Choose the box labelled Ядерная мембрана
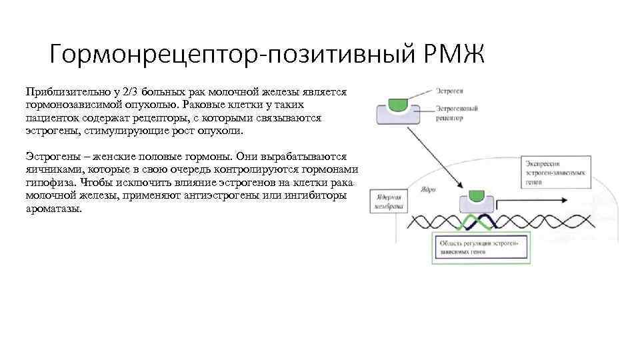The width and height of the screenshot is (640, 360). (x=388, y=201)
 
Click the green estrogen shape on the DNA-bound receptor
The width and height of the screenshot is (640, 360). (x=476, y=195)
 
